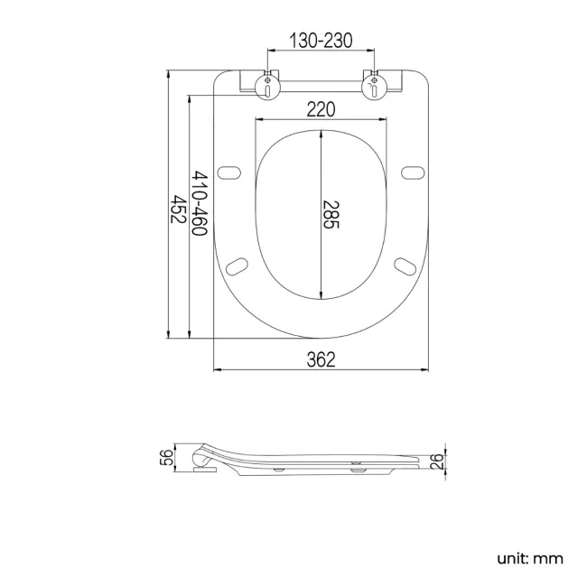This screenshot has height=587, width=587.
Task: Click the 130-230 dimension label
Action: point(321,40)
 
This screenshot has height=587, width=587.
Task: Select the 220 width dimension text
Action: point(321,109)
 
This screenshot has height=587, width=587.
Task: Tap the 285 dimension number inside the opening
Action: point(331,215)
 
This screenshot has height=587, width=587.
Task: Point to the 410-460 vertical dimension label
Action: point(200,203)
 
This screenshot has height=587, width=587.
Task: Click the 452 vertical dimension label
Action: point(178,209)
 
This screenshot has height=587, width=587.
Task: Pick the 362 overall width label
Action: point(321,359)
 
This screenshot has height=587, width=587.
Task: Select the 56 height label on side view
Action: point(167,458)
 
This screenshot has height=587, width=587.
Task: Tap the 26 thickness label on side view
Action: point(437,461)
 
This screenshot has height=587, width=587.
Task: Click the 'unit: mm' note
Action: point(530,559)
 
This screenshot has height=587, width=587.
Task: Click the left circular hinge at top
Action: point(267,87)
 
